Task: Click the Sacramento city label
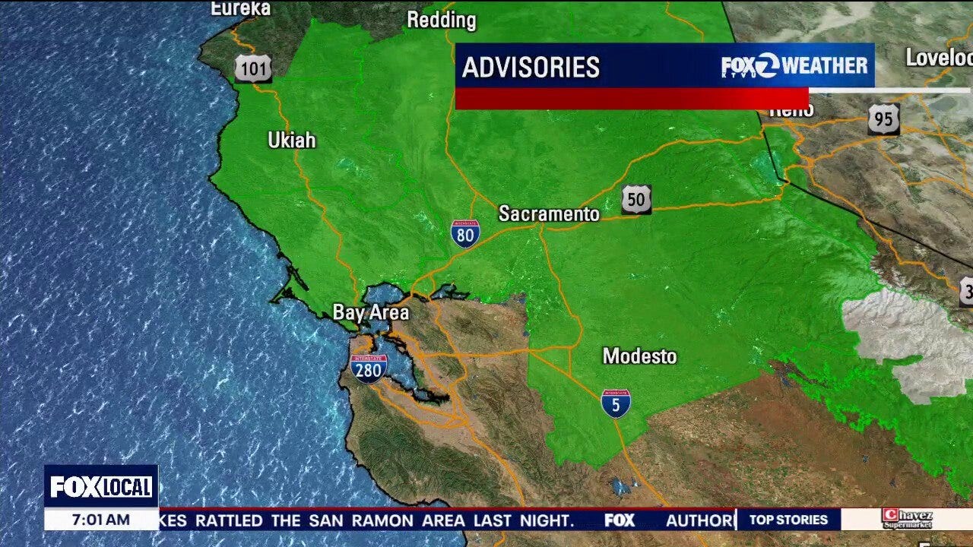[x=549, y=214]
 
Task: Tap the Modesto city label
[x=639, y=356]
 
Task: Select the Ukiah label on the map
[x=291, y=141]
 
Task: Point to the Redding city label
[x=441, y=21]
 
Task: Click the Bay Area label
[x=371, y=312]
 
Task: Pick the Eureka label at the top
[x=240, y=8]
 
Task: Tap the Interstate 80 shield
[x=465, y=234]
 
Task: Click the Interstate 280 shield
[x=369, y=368]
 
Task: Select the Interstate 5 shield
[x=615, y=403]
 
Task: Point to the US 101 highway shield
[x=252, y=69]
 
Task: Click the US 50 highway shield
[x=635, y=199]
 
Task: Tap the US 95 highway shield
[x=883, y=119]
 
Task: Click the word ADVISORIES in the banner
[x=531, y=68]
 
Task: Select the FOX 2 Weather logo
[x=794, y=66]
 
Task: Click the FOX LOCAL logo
[x=101, y=487]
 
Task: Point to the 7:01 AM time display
[x=101, y=520]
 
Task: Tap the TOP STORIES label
[x=788, y=520]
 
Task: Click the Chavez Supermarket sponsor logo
[x=907, y=520]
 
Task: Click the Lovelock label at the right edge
[x=940, y=58]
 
